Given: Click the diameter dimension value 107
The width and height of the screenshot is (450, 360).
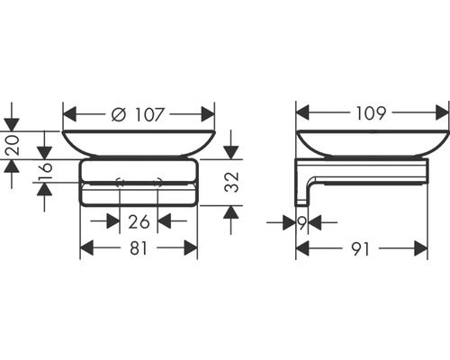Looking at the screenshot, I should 148,114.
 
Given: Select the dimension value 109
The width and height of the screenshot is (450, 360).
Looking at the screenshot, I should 372,114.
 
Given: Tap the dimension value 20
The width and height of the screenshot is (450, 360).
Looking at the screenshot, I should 12,146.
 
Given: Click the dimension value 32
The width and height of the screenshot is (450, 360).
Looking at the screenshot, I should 231,183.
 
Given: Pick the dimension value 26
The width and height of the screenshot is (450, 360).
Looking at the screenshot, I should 138,221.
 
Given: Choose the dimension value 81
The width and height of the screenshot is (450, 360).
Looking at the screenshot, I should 138,248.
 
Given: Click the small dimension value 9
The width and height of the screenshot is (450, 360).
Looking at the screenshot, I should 302,221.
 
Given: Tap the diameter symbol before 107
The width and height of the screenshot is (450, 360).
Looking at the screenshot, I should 118,114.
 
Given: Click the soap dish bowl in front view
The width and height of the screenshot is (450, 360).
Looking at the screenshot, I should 139,144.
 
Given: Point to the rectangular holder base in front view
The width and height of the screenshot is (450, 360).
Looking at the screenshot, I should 139,184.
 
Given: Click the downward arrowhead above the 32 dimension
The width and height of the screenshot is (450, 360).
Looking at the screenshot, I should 231,151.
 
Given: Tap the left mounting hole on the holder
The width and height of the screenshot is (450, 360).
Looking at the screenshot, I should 120,184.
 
